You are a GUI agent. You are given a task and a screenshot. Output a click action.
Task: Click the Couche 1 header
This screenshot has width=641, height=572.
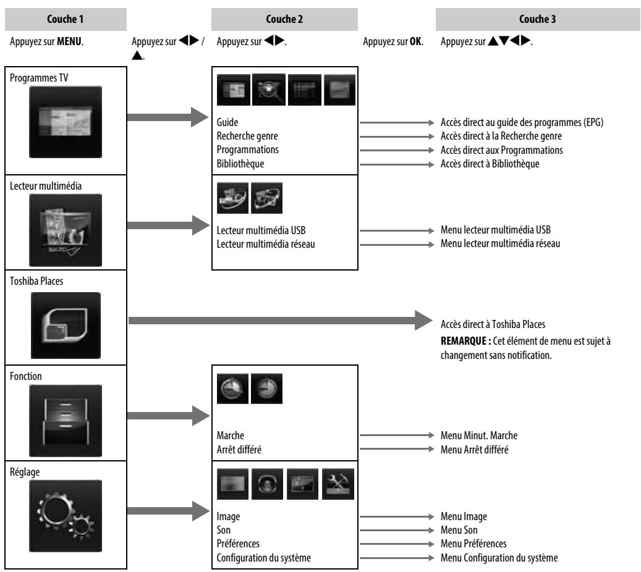coord(66,19)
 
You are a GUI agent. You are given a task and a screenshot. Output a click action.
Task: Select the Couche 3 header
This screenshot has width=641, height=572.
coord(538,19)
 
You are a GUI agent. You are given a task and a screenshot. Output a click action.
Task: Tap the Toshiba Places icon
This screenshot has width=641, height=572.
coord(66,325)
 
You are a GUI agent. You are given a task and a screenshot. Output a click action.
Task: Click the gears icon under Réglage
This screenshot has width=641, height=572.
coord(66,516)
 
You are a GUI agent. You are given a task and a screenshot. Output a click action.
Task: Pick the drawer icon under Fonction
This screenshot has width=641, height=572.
coord(66,421)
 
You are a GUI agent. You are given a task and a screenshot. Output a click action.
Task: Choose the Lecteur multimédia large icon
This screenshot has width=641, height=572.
coord(66,230)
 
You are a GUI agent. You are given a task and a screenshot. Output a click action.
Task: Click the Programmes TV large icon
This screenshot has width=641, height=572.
coord(66,122)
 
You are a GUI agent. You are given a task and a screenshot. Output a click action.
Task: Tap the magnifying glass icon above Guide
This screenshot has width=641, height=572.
coord(269,90)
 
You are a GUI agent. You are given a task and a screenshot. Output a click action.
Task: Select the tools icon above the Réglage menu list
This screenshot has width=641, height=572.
coord(338,484)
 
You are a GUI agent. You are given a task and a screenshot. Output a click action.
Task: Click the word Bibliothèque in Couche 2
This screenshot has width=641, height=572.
coord(240,164)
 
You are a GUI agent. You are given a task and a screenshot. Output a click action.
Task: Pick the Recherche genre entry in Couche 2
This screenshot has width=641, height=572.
coord(247,136)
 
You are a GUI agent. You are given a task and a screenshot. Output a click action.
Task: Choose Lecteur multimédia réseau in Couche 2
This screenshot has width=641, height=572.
coord(266,245)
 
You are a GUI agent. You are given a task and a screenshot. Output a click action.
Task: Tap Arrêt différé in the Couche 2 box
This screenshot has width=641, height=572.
coord(239,450)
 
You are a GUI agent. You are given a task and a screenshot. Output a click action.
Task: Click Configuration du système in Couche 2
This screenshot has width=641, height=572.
coord(264,558)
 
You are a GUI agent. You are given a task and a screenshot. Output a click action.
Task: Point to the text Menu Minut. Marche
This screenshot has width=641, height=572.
coord(479,435)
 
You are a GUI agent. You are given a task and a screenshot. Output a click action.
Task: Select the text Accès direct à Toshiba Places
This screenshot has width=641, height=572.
coord(493,324)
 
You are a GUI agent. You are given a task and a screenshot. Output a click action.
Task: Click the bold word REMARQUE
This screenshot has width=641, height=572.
coord(463,341)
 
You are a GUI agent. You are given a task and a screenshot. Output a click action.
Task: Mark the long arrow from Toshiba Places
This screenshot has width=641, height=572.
coord(281,321)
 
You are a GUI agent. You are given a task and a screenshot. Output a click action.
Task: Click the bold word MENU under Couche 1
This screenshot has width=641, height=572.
coord(69,41)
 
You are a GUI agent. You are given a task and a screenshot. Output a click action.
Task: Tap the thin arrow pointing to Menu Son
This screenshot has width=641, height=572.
coord(397,531)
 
